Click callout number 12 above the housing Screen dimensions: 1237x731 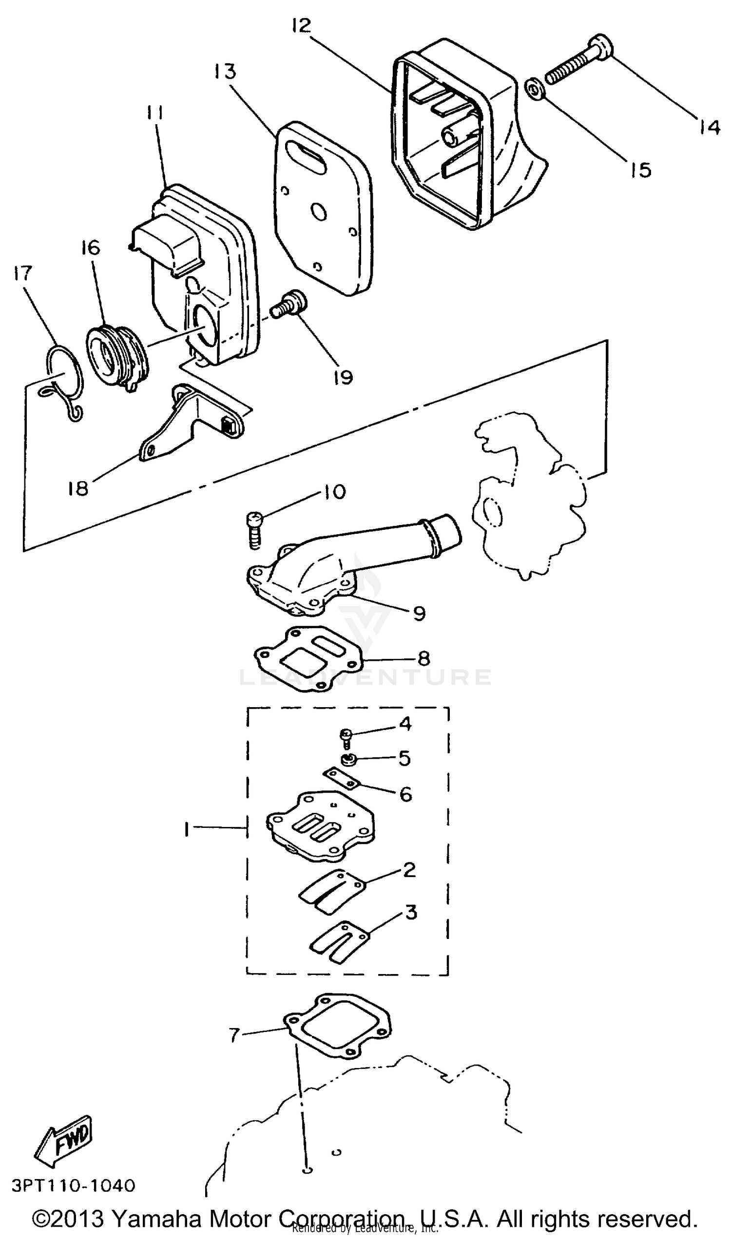302,26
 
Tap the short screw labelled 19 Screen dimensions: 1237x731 289,305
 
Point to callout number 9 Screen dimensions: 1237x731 419,613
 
